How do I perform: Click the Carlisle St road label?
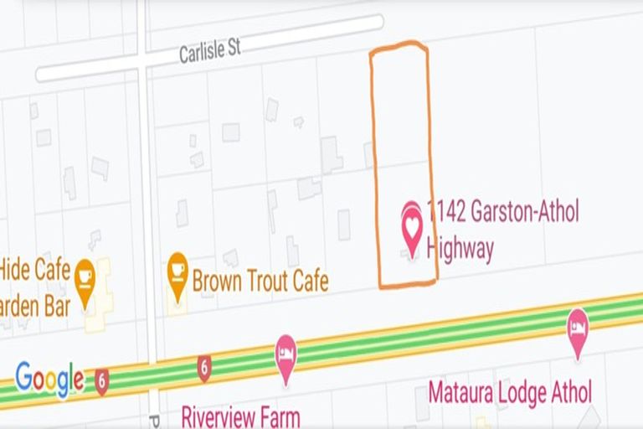click(209, 51)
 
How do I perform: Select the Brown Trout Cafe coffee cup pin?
click(177, 274)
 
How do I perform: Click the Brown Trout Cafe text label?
click(260, 281)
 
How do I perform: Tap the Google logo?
click(49, 379)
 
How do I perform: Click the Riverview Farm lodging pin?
click(286, 357)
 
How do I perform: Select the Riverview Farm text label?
click(240, 416)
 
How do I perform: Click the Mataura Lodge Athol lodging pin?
click(577, 329)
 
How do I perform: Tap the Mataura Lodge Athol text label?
click(509, 392)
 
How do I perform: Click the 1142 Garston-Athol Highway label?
click(501, 229)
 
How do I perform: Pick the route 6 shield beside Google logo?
click(102, 379)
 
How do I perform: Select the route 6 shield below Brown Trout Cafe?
click(204, 366)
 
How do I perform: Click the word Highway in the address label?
click(460, 249)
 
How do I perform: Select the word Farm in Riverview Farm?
click(279, 416)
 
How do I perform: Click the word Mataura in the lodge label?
click(462, 392)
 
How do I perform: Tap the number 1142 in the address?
click(444, 212)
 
